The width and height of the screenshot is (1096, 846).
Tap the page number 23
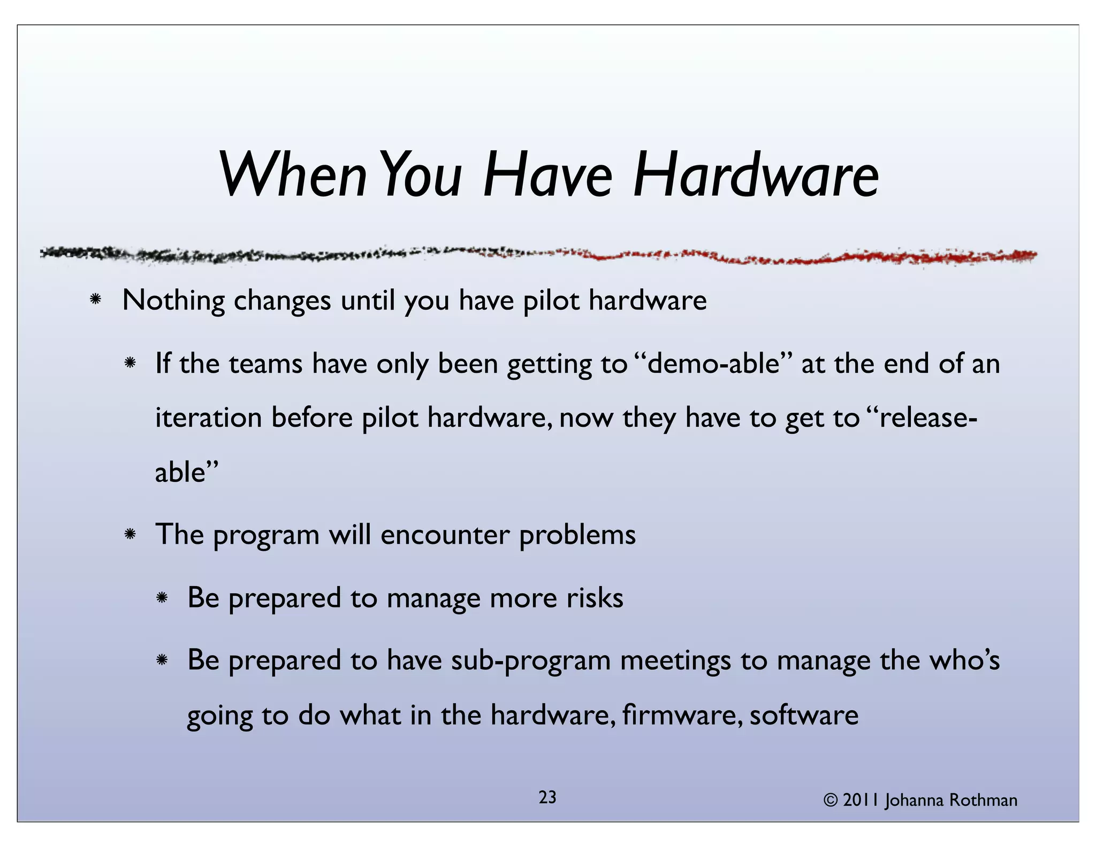547,797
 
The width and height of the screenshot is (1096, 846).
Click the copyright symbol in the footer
831,800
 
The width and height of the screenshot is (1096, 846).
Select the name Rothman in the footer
983,800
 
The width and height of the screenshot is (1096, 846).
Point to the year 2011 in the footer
861,800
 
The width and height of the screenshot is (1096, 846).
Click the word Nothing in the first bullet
173,301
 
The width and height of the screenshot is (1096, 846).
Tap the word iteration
208,418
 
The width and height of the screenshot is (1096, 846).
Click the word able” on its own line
187,472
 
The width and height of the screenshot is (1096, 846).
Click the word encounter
445,535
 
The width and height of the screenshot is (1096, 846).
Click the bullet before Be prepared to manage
162,598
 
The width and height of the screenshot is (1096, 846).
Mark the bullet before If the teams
130,364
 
